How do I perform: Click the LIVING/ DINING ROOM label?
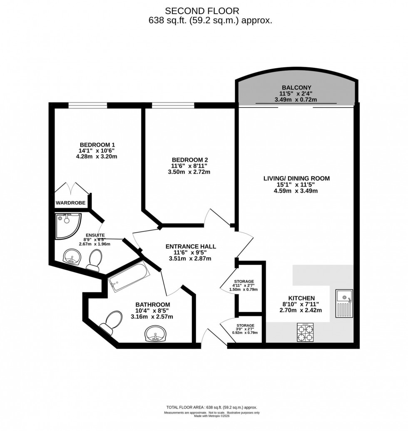click(x=296, y=178)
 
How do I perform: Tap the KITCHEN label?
click(x=302, y=298)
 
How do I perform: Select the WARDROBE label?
click(x=70, y=203)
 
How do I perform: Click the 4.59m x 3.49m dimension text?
click(x=296, y=191)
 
